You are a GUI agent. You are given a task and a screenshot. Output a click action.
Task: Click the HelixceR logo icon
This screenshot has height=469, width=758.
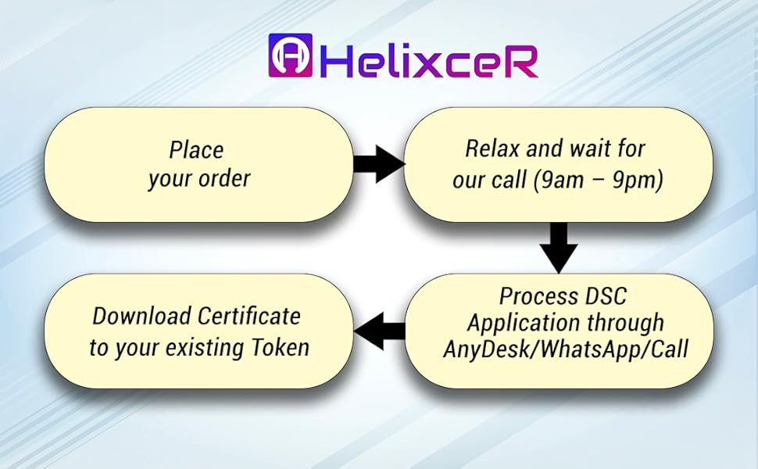tap(290, 55)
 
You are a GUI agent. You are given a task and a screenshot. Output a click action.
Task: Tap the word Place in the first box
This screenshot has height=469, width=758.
tap(196, 150)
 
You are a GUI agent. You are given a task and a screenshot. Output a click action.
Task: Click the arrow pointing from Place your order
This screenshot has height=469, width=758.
tap(379, 164)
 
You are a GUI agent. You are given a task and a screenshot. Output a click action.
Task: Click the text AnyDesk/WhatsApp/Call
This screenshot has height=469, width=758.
tap(565, 349)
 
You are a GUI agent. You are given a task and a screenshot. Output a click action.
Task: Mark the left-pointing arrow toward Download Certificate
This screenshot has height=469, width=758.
tap(381, 332)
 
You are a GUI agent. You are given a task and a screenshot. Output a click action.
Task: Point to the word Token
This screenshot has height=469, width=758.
tap(279, 346)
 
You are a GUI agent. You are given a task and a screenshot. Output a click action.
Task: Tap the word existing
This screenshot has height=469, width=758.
tap(204, 347)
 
